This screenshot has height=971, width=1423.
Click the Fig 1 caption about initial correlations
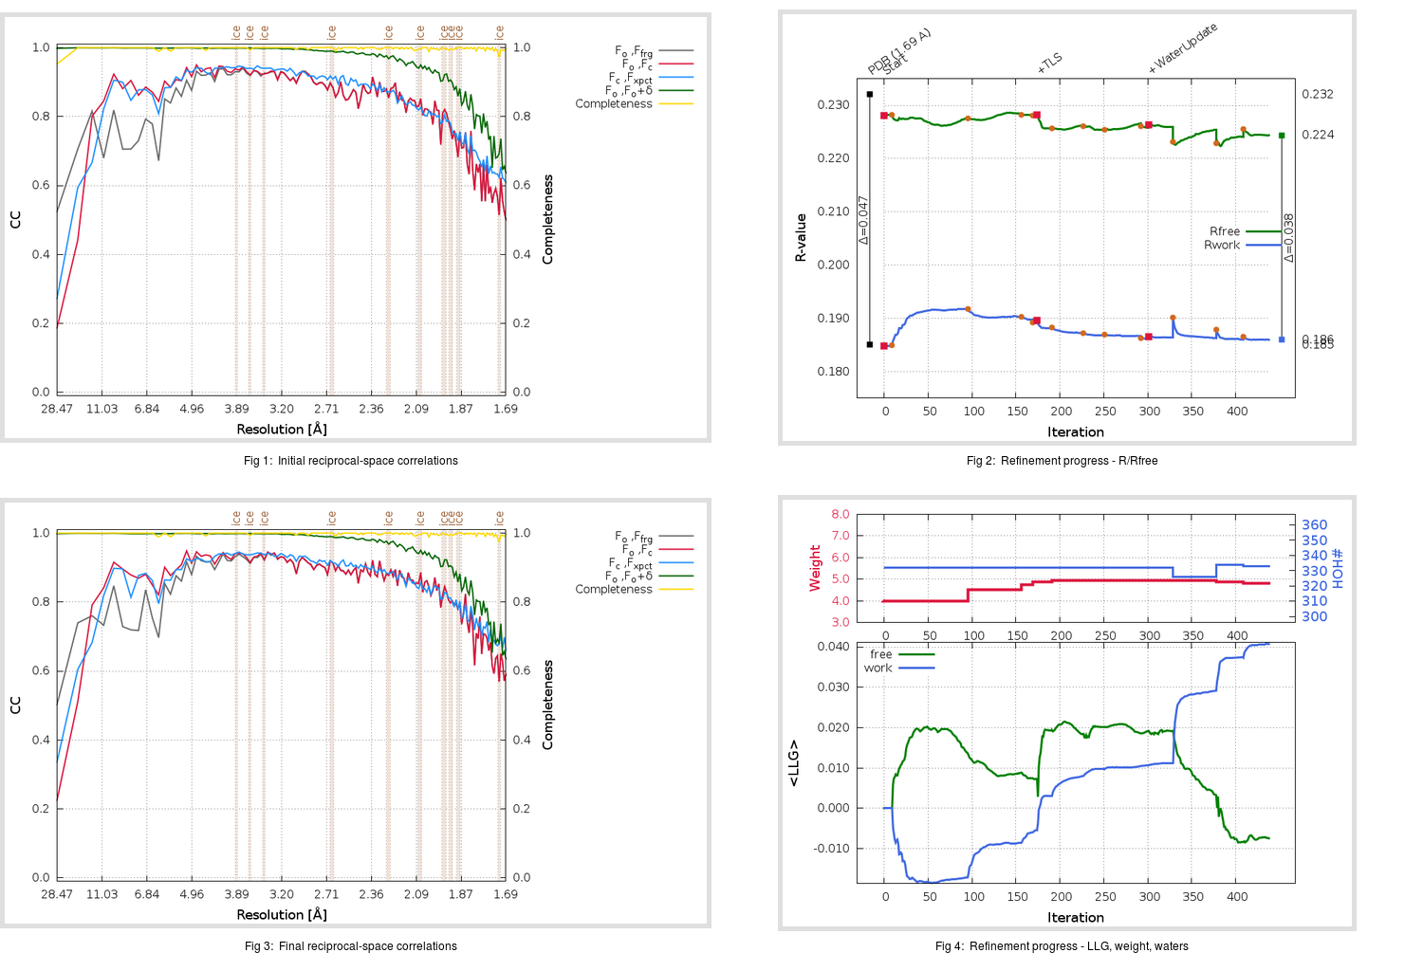pyautogui.click(x=350, y=461)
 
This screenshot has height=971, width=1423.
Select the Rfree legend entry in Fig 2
pyautogui.click(x=1225, y=231)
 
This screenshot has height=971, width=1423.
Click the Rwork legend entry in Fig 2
pyautogui.click(x=1222, y=245)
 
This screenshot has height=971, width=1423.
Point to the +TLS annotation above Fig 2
pyautogui.click(x=1050, y=64)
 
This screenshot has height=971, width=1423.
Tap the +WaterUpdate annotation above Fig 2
pyautogui.click(x=1183, y=48)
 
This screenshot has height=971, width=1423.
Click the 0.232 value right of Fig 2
pyautogui.click(x=1317, y=94)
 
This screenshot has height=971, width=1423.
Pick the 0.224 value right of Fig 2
pyautogui.click(x=1317, y=135)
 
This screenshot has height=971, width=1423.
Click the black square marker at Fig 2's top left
pyautogui.click(x=870, y=95)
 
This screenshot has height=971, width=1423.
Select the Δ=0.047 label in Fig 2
pyautogui.click(x=863, y=220)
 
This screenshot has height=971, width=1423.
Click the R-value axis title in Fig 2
pyautogui.click(x=801, y=238)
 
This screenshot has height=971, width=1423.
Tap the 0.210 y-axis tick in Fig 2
pyautogui.click(x=833, y=211)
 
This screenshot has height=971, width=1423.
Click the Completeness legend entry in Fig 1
pyautogui.click(x=614, y=103)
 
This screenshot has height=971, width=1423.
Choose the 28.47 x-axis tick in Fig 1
pyautogui.click(x=57, y=409)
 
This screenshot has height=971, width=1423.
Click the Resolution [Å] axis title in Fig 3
pyautogui.click(x=282, y=915)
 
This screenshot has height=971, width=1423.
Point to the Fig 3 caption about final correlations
pyautogui.click(x=350, y=946)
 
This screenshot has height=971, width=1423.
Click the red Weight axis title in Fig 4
pyautogui.click(x=815, y=568)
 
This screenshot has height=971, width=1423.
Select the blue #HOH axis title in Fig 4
pyautogui.click(x=1338, y=568)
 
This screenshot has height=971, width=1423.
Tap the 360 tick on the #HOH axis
pyautogui.click(x=1314, y=525)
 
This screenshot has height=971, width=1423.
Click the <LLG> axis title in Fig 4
pyautogui.click(x=794, y=763)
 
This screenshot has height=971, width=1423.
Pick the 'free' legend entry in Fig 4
pyautogui.click(x=881, y=654)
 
